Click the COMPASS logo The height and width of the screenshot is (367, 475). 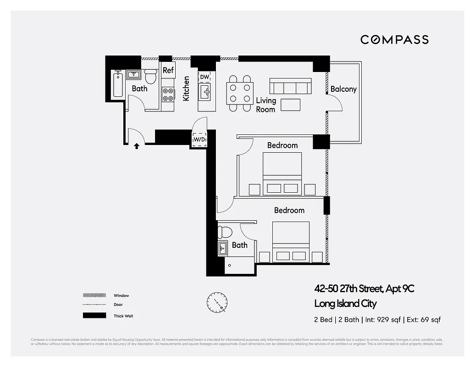tap(394, 39)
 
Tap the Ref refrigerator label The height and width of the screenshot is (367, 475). tap(168, 70)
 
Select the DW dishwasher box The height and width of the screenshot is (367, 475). tap(204, 77)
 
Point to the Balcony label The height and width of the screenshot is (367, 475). tap(343, 89)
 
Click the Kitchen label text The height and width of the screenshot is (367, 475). tap(186, 89)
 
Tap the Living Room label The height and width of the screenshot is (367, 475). tap(266, 105)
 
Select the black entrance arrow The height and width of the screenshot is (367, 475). tap(136, 146)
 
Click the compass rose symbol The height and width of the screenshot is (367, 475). tap(216, 302)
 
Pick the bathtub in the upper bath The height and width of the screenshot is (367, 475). tap(118, 84)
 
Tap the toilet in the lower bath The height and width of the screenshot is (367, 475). tap(225, 232)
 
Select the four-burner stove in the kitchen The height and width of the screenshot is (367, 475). tap(168, 95)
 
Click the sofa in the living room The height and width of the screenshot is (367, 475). tap(290, 86)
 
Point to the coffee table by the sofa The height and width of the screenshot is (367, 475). tap(290, 105)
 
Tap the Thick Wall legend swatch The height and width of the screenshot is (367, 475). tap(94, 316)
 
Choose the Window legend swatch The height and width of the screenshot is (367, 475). tap(94, 295)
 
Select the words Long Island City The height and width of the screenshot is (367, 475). tap(345, 304)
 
